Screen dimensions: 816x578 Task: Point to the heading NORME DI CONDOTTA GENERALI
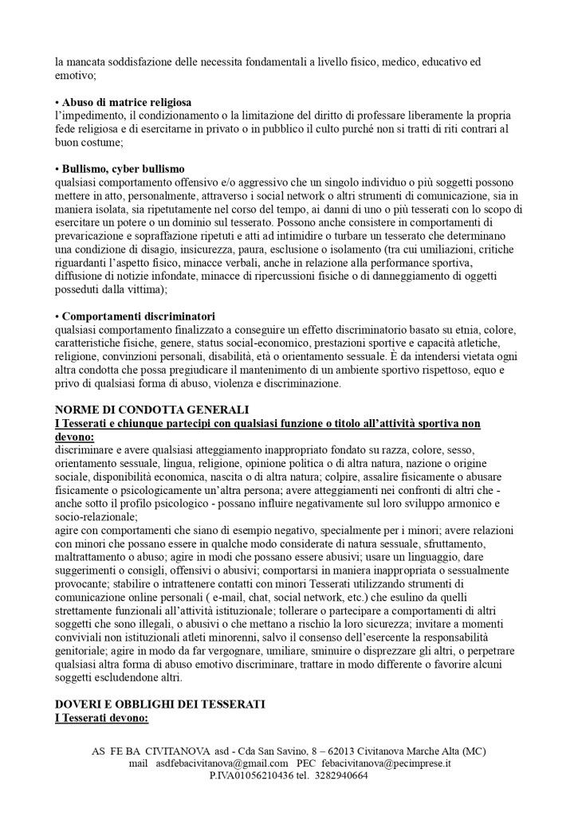151,409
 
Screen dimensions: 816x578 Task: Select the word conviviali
81,637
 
